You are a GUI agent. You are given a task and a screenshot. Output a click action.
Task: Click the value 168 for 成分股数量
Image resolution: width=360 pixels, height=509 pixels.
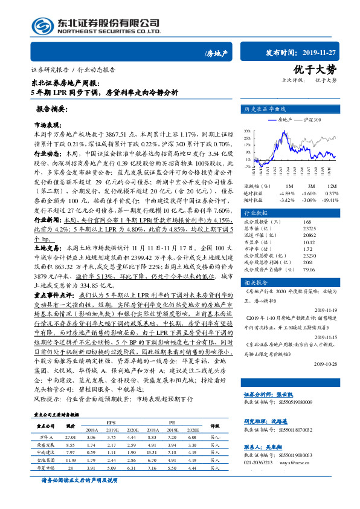307,223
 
